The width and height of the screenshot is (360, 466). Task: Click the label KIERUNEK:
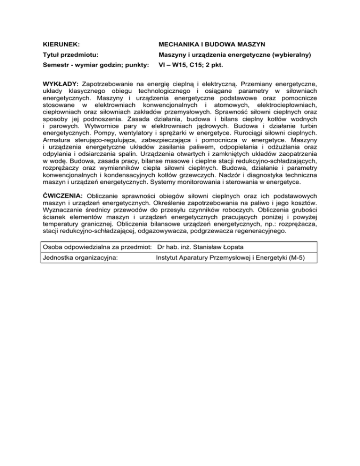click(60, 44)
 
